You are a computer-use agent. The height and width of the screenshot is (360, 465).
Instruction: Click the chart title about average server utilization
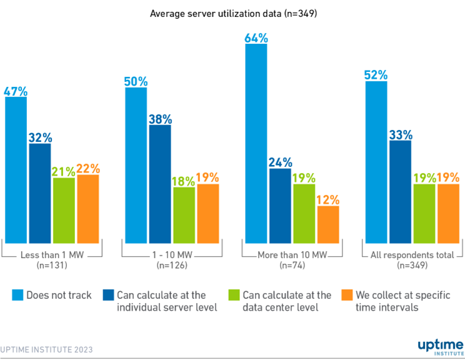click(x=233, y=12)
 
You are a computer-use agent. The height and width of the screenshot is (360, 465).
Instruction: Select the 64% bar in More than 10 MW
click(x=256, y=143)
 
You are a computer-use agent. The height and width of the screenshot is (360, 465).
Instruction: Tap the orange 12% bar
click(x=328, y=224)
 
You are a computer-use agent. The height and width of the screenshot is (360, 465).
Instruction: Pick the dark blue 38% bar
click(x=159, y=184)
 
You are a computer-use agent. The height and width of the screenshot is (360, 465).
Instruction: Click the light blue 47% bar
click(x=16, y=169)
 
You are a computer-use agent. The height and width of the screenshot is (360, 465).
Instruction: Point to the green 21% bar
click(x=64, y=210)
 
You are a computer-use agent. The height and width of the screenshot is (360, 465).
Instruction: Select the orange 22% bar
click(x=87, y=209)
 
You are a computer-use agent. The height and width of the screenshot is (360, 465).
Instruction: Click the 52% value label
click(x=376, y=75)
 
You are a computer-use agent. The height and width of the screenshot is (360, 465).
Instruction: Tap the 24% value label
click(x=280, y=162)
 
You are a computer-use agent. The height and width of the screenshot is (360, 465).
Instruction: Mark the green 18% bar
click(x=184, y=215)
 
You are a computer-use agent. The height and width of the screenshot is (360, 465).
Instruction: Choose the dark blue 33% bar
click(x=400, y=191)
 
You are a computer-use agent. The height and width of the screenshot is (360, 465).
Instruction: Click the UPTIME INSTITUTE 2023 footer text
click(x=46, y=349)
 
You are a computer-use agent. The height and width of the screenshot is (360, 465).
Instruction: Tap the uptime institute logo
click(x=440, y=346)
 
